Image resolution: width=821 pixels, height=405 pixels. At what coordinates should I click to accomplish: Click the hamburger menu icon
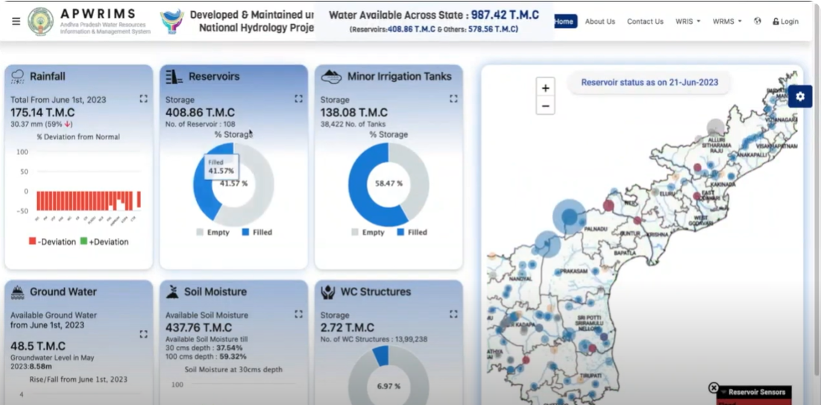coord(16,22)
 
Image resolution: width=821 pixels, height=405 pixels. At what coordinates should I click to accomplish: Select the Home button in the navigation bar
coord(564,22)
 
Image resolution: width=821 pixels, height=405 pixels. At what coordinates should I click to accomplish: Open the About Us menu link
coord(600,22)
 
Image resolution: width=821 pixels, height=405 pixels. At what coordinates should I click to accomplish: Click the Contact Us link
coord(645,22)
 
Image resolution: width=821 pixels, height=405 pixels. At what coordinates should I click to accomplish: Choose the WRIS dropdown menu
coord(688,22)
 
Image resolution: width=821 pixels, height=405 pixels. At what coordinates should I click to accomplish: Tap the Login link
coord(785,22)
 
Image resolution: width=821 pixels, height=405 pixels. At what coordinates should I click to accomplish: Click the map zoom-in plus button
coord(545,88)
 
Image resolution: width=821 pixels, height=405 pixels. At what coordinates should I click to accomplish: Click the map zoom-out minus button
coord(545,106)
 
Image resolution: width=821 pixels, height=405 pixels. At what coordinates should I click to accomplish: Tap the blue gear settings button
coord(800,96)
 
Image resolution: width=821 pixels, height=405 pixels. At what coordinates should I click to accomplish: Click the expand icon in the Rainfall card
coord(143,98)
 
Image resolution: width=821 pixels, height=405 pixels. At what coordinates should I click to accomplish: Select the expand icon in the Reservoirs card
coord(298,98)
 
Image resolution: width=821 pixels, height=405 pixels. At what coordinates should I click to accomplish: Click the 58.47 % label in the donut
coord(389,183)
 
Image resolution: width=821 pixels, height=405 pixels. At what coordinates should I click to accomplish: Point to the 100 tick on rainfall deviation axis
coord(22,152)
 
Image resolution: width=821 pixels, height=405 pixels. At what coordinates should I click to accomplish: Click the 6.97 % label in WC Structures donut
coord(389,386)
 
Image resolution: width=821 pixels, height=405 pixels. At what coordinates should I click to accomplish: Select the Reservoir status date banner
coord(649,82)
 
